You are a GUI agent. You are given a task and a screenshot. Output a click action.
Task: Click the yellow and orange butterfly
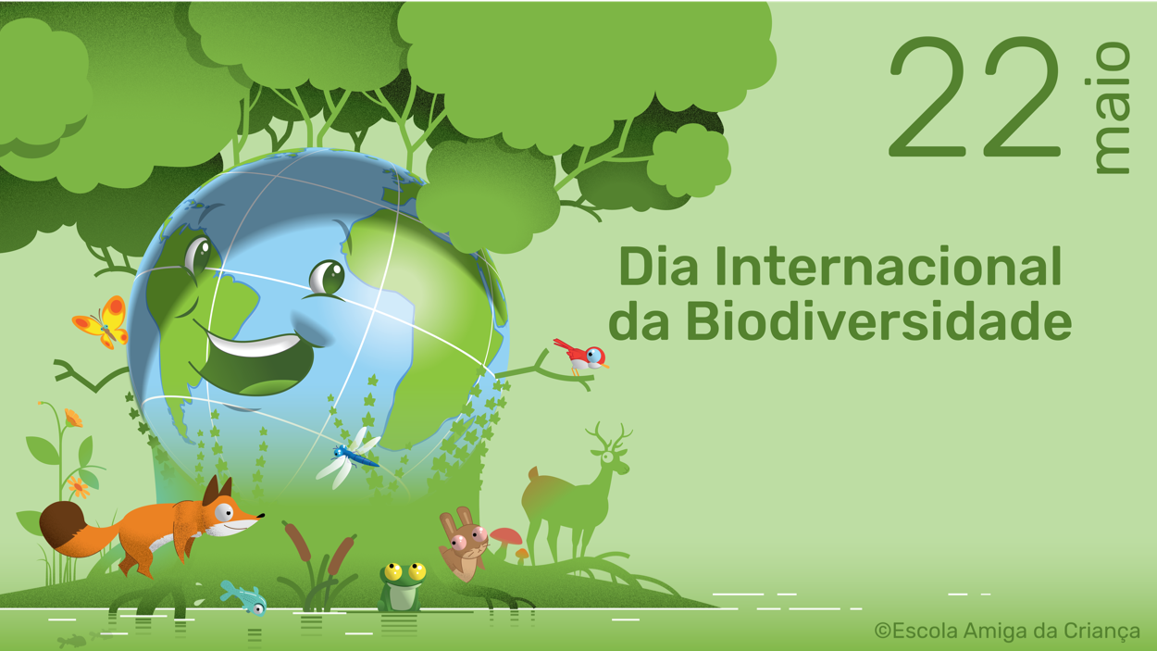[102, 322]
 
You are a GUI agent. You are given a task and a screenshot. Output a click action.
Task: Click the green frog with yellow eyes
[402, 587]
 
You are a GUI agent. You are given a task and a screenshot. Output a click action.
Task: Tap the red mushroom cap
[506, 535]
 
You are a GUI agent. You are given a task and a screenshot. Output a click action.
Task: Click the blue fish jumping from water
[243, 598]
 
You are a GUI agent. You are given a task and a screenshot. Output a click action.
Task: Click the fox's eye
[224, 512]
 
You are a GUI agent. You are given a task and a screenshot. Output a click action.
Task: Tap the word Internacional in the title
[889, 267]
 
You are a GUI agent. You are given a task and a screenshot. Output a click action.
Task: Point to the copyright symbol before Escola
[882, 631]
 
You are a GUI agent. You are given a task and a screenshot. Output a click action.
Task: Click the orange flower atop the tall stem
[73, 418]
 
